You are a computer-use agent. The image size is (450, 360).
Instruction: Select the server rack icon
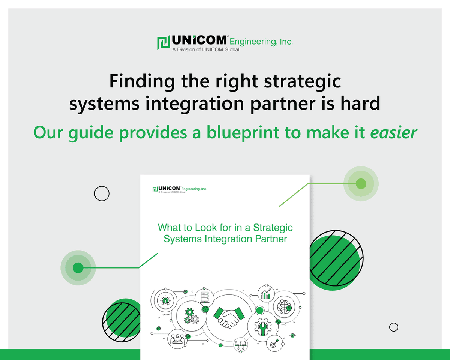[204, 293]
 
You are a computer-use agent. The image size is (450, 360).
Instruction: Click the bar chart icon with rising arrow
[266, 294]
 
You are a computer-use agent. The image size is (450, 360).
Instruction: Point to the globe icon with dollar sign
[284, 307]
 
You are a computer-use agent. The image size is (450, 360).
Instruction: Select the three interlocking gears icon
[191, 316]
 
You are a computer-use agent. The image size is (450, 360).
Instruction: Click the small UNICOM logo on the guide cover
[180, 189]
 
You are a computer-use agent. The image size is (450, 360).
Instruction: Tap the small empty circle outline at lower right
[393, 327]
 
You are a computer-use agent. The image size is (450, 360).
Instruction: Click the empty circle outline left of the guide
[102, 194]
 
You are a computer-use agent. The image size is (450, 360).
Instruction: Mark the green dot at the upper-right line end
[361, 184]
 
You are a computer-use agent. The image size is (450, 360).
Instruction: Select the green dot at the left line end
[78, 268]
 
